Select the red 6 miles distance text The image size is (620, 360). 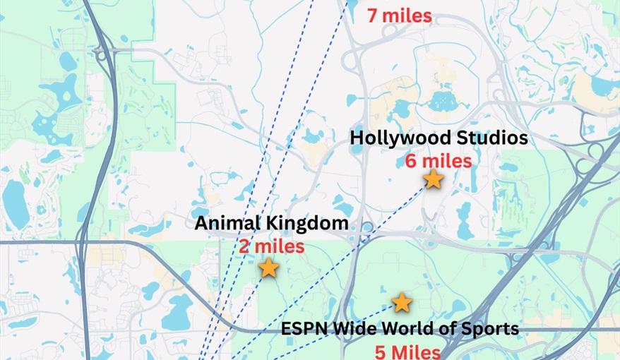click(438, 161)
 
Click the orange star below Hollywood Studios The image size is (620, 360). click(433, 180)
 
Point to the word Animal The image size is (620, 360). click(225, 224)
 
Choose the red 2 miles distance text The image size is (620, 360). click(271, 246)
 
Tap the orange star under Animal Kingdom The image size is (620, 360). click(268, 268)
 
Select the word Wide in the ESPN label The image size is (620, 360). click(347, 329)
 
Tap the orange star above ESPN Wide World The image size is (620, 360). click(402, 303)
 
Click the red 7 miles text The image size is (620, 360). click(400, 14)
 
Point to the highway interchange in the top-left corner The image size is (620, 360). click(102, 53)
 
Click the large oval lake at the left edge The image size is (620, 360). click(14, 200)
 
